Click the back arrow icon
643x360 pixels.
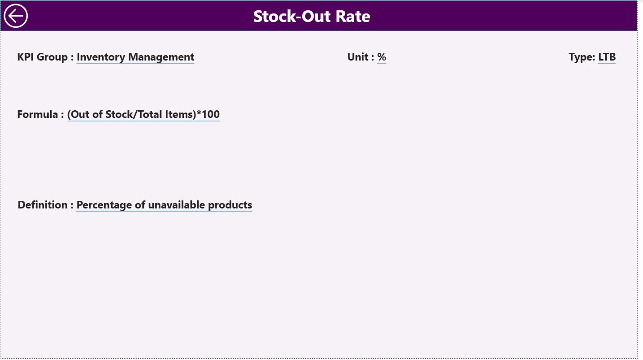16,16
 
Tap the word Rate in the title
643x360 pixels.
353,17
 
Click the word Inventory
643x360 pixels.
101,57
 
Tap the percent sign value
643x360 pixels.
382,57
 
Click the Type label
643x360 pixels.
581,57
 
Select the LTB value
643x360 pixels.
607,57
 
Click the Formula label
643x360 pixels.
38,115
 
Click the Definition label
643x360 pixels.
43,205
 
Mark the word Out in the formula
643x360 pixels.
79,115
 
